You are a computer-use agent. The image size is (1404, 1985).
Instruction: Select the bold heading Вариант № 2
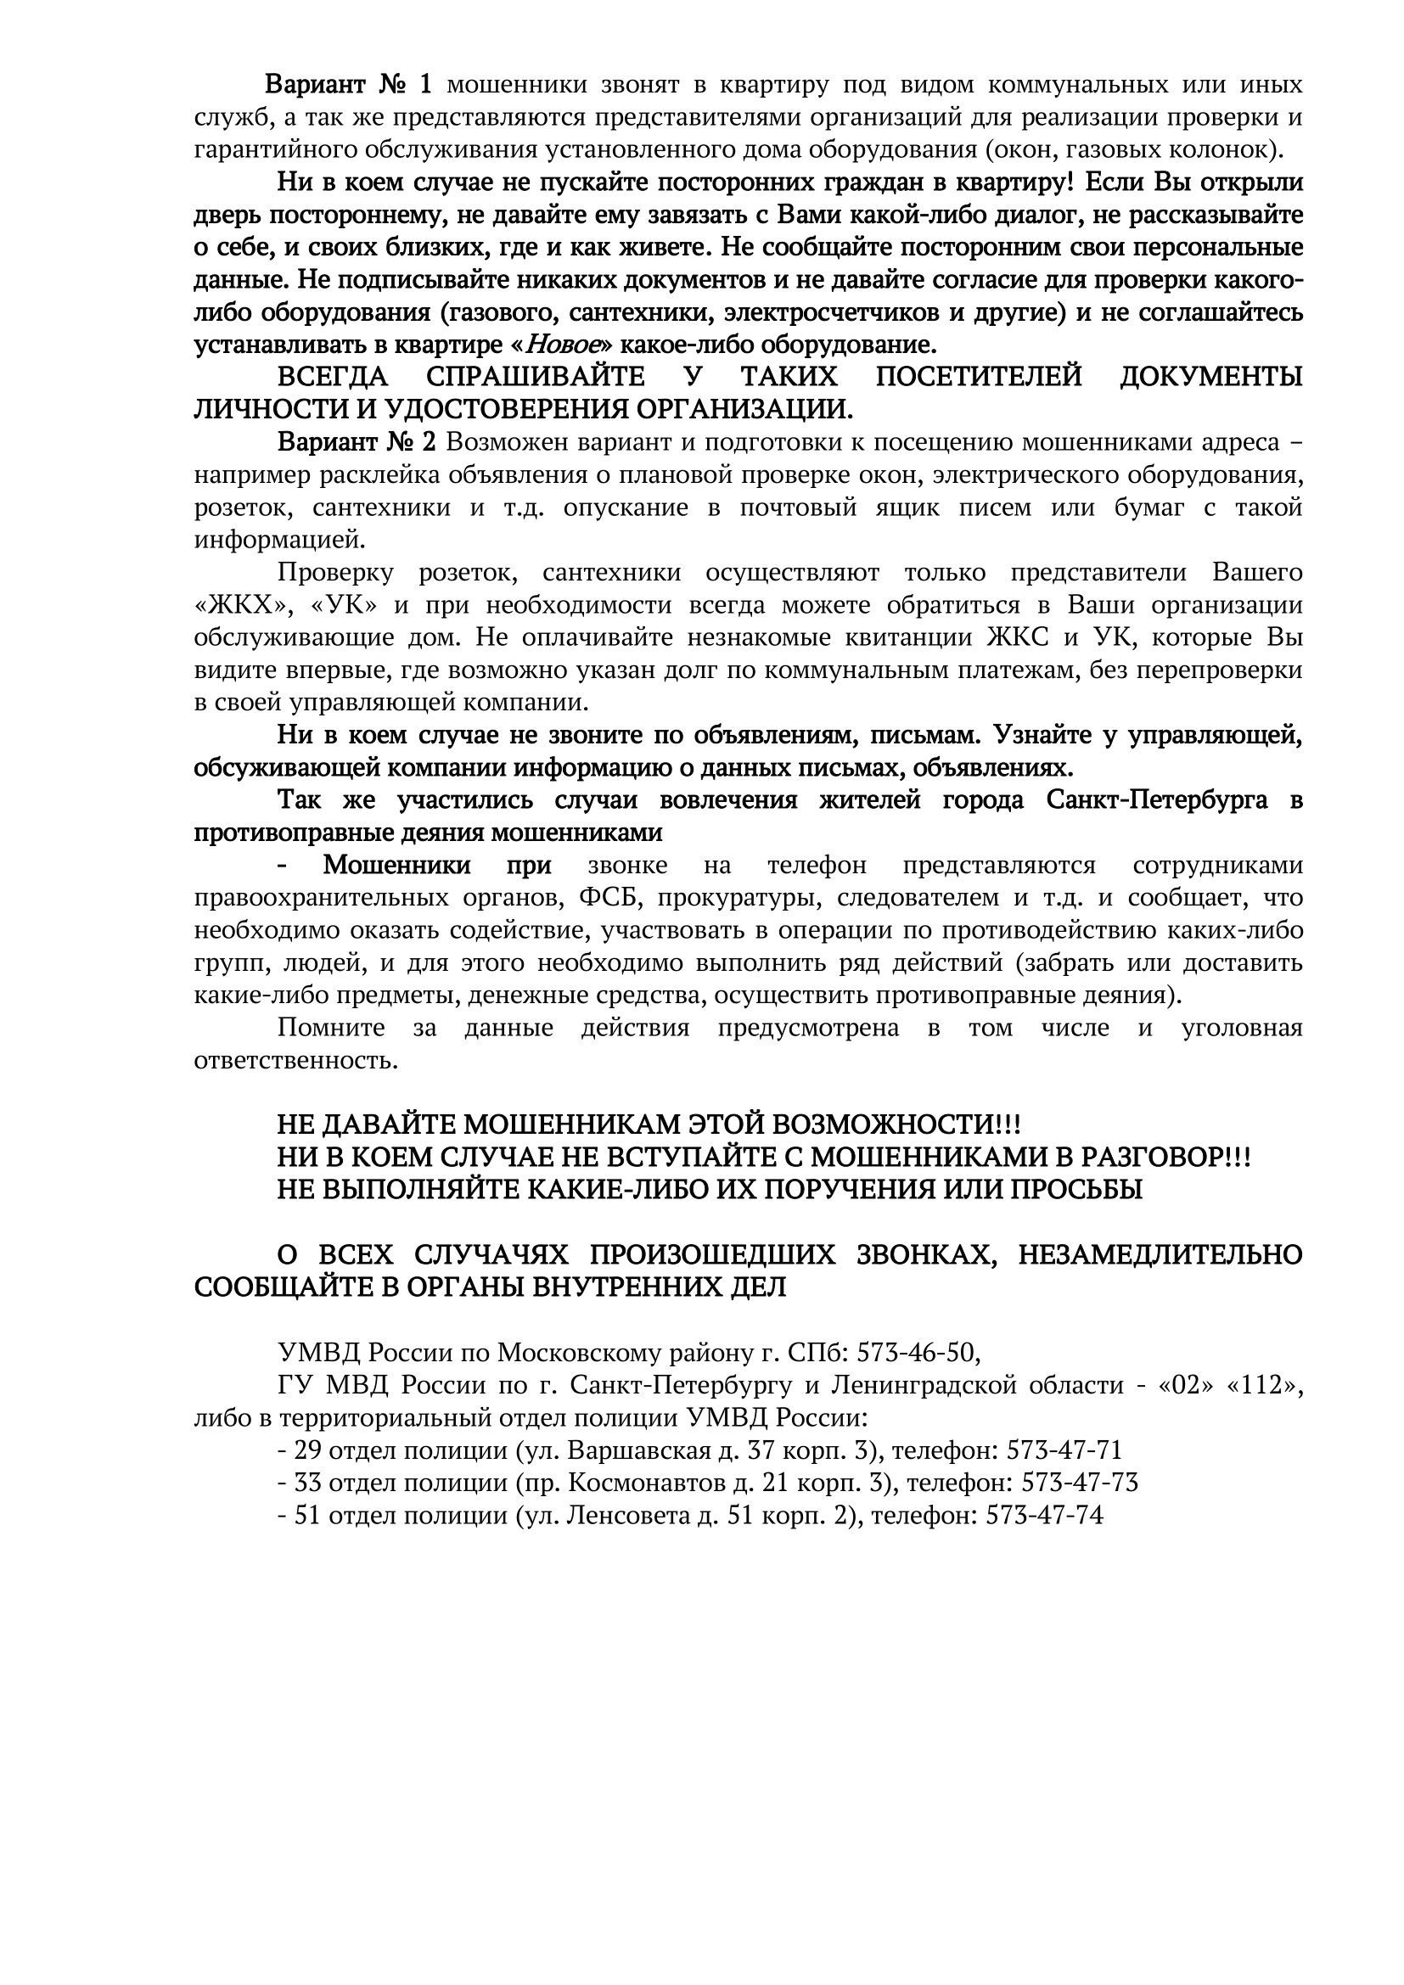click(357, 443)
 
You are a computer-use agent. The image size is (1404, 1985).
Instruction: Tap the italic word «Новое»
click(563, 345)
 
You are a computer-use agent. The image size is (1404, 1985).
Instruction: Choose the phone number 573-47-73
click(1080, 1483)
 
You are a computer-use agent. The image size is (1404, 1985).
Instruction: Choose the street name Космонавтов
click(648, 1483)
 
